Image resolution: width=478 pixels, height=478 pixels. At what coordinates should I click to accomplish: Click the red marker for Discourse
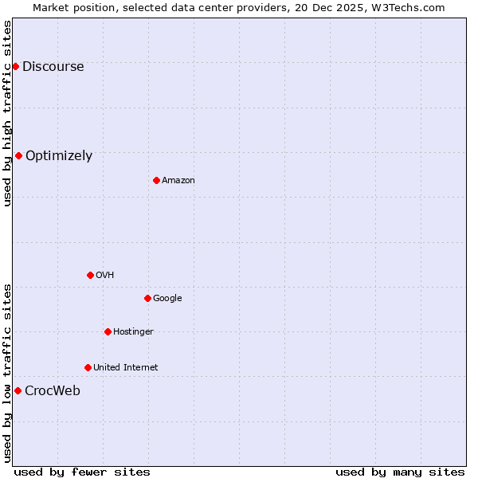click(15, 66)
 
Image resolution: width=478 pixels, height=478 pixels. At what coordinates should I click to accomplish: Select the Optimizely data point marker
click(18, 155)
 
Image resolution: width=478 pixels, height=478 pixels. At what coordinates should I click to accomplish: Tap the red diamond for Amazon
click(156, 180)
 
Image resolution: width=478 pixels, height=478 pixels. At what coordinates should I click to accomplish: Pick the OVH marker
click(90, 275)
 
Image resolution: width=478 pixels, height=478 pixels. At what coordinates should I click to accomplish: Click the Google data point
click(147, 298)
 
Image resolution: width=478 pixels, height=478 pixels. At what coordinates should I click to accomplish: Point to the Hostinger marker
click(108, 331)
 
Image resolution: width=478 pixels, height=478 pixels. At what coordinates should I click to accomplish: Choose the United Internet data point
click(88, 367)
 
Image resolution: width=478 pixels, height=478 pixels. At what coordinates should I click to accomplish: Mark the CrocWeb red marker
click(18, 390)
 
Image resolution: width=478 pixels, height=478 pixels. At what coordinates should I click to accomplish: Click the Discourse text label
click(53, 67)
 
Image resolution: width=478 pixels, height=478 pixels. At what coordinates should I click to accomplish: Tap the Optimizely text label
click(59, 156)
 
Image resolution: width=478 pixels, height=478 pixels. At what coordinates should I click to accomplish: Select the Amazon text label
click(178, 181)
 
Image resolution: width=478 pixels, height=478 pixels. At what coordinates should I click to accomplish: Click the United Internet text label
click(126, 368)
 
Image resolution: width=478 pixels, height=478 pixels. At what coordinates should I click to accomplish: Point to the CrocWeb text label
click(53, 391)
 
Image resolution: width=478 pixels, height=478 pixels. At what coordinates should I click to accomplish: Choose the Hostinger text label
click(133, 332)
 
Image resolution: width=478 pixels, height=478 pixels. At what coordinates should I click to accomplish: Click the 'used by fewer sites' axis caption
click(82, 472)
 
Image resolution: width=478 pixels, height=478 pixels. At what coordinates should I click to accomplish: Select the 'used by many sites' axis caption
click(400, 472)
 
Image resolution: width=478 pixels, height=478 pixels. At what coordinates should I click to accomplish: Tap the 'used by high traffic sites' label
click(8, 113)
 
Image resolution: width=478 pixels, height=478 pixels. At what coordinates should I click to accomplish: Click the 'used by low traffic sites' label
click(8, 373)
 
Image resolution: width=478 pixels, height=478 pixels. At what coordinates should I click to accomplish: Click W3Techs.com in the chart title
click(405, 7)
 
